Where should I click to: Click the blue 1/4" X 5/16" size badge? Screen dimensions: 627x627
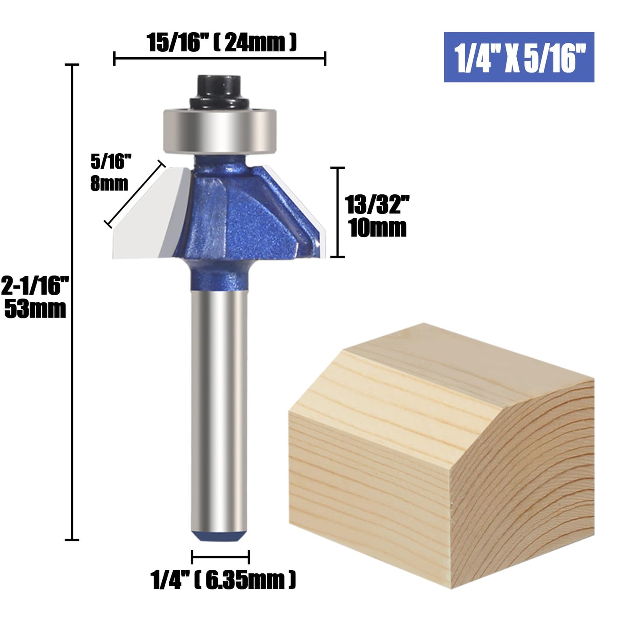[x=519, y=57]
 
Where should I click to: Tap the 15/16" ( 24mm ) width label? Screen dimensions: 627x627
[x=221, y=43]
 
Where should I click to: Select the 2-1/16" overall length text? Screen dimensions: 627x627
[x=36, y=286]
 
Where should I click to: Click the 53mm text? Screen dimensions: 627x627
[x=36, y=309]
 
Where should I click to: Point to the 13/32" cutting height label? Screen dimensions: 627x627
[x=377, y=205]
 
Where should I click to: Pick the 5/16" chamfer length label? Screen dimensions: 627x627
[x=111, y=162]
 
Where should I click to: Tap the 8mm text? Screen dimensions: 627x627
[x=109, y=184]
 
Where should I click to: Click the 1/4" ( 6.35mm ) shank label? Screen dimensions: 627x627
[x=223, y=580]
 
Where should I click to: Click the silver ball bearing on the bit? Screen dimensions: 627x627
[x=220, y=130]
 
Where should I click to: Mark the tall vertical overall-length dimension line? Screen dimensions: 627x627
[x=72, y=304]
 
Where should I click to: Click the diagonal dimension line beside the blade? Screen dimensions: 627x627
[x=135, y=194]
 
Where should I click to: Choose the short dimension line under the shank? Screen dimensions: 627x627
[x=220, y=556]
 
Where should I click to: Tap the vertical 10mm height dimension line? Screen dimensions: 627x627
[x=338, y=213]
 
